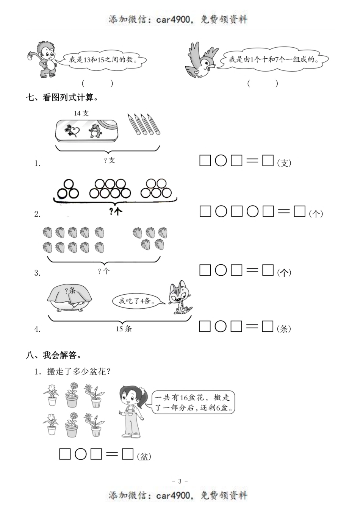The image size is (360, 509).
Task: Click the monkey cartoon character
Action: [x=43, y=59]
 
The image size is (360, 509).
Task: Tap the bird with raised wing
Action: [x=201, y=61]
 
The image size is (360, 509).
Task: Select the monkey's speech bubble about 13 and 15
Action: [x=102, y=60]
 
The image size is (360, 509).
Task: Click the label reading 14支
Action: [x=81, y=113]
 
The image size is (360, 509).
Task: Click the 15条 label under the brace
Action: [x=124, y=329]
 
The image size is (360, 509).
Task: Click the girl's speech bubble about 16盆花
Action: [x=193, y=403]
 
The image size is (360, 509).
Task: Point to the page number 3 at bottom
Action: [x=180, y=481]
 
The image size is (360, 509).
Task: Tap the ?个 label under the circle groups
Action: [x=115, y=212]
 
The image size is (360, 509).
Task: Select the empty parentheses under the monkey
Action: [x=97, y=83]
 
